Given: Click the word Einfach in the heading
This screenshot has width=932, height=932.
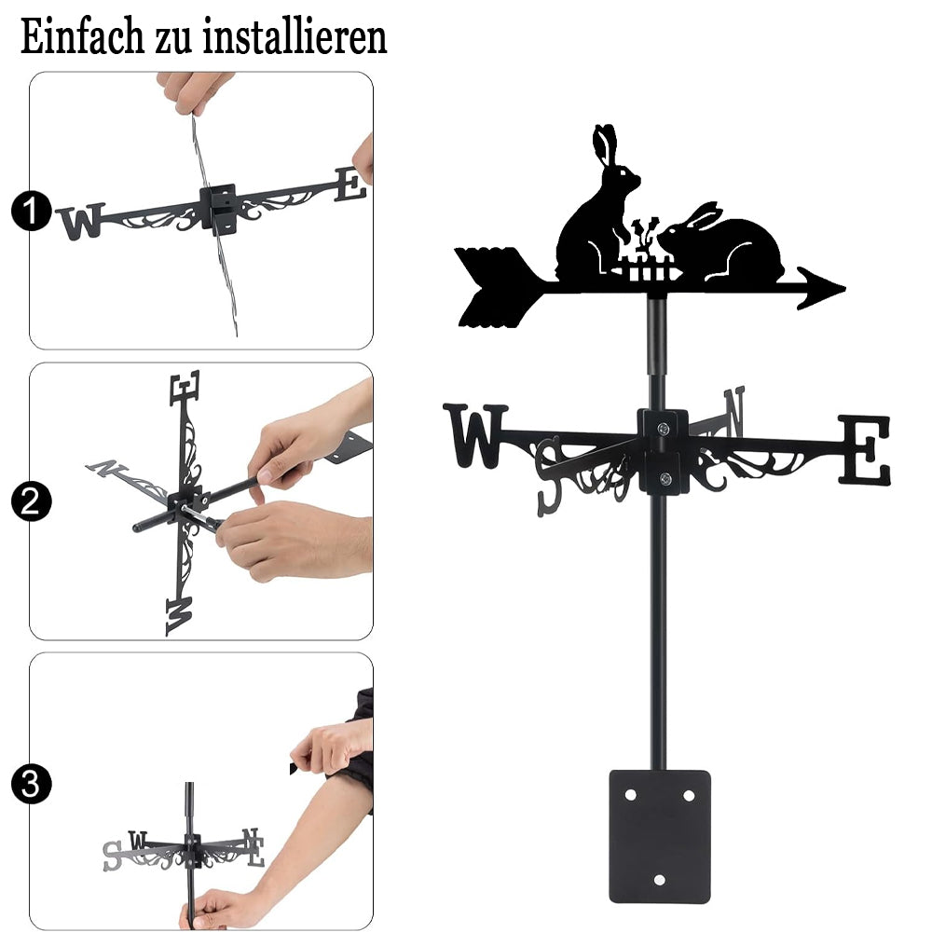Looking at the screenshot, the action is pos(82,37).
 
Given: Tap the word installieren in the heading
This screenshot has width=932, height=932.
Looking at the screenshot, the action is pos(295,37).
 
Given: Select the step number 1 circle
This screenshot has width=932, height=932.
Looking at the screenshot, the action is pos(31,211).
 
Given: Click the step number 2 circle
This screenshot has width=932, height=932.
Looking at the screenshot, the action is pos(31,501).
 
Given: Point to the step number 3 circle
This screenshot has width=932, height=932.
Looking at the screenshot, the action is pos(31,784).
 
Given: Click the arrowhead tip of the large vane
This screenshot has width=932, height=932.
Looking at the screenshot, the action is pos(844,290).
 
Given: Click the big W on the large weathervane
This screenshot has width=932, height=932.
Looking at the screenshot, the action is pos(475,436).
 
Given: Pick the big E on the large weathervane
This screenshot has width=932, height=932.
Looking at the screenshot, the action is pos(865,449).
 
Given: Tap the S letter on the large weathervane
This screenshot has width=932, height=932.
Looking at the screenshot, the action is pos(549,475).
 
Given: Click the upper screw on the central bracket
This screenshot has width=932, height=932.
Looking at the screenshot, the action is pos(664,428).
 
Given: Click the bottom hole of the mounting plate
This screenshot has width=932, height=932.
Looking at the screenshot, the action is pos(659,880).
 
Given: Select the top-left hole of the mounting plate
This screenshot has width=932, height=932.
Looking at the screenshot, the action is pos(631,795).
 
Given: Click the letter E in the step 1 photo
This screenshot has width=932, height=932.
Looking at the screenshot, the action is pos(350,185).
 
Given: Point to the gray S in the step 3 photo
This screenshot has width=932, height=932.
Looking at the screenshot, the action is pos(112,856).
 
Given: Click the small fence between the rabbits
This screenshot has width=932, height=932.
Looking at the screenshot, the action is pos(648,269).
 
